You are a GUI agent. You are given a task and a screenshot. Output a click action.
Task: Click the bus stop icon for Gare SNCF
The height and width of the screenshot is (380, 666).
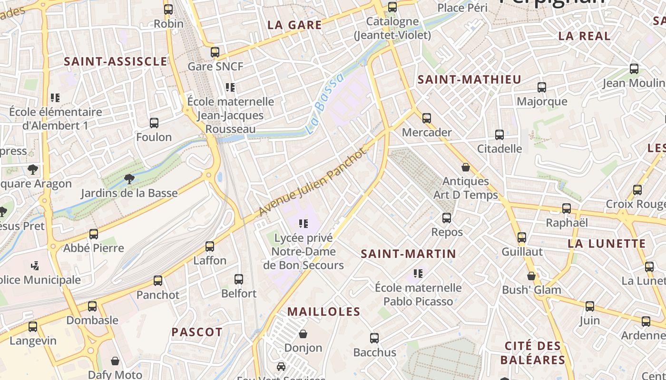[215, 52]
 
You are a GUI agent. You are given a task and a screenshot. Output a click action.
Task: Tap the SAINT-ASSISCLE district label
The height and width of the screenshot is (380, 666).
[116, 61]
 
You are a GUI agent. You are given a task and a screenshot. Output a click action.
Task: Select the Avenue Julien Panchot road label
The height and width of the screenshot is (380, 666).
[313, 182]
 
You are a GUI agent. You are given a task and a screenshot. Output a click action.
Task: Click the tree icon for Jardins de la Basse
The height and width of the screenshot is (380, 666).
[129, 179]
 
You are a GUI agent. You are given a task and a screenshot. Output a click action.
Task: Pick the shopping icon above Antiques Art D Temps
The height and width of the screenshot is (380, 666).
[466, 167]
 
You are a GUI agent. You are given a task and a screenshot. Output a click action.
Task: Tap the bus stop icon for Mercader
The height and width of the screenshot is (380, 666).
[427, 118]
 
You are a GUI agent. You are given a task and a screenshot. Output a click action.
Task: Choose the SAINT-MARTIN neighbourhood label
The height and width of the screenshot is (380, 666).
[408, 254]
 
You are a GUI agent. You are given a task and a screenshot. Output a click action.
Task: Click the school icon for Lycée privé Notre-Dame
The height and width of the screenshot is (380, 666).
[304, 223]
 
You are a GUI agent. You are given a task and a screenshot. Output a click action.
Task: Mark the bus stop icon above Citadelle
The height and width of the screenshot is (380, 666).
[499, 134]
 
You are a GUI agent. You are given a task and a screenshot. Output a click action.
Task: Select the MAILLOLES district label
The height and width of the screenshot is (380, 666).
[324, 312]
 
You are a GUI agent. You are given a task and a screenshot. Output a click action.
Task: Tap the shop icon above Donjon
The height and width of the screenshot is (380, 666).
[303, 334]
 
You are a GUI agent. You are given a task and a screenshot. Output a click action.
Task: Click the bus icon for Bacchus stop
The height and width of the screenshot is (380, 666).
[374, 338]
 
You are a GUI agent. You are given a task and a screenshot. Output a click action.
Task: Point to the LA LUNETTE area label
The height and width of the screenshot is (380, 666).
[607, 244]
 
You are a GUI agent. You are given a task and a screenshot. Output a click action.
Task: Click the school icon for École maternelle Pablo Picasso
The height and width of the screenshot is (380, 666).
[418, 273]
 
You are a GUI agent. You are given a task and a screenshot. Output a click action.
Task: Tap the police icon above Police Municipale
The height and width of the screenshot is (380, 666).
[35, 266]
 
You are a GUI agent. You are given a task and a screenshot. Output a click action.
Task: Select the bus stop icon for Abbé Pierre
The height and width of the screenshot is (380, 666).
[94, 234]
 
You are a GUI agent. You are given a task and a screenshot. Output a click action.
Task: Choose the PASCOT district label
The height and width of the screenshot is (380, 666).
[197, 332]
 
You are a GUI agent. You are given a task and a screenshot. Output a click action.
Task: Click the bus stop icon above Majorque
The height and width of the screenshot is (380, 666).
[542, 87]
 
